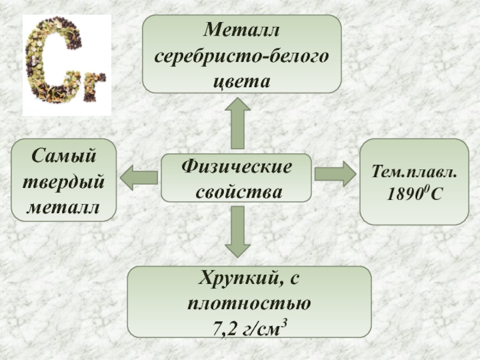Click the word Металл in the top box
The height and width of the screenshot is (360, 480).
coord(241,31)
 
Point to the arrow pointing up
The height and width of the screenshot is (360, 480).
coord(238,123)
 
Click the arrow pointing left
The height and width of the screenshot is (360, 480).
coord(139,177)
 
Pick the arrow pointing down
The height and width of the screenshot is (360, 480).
coord(238,232)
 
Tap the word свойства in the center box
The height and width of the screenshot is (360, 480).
coord(236,191)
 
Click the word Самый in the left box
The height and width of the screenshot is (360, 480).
coord(64,156)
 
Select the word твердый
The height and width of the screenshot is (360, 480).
coord(64,181)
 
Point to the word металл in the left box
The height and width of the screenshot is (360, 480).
coord(64,206)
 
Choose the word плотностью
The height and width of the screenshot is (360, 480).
coord(249,304)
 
